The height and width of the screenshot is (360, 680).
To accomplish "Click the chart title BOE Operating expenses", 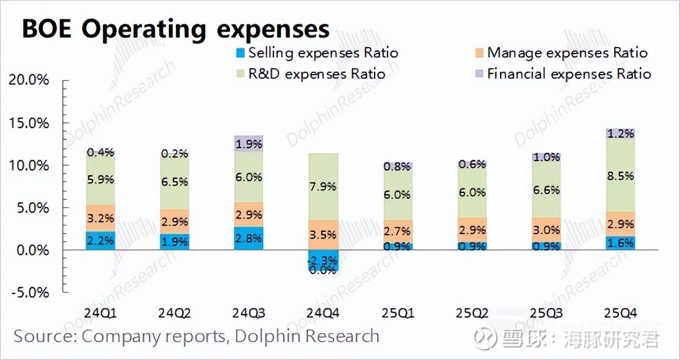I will (175, 28).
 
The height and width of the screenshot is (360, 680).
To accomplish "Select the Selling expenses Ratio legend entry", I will (316, 53).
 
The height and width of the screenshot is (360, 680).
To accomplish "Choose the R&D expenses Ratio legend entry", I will (310, 74).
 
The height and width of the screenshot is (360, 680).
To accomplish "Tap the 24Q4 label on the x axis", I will (323, 312).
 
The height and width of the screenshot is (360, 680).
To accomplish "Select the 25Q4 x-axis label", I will (620, 312).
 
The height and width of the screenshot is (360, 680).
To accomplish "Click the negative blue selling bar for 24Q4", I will (323, 261).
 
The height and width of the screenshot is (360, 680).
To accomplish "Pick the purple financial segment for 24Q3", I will (249, 144).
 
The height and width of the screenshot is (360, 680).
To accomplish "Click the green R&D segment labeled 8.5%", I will (620, 175).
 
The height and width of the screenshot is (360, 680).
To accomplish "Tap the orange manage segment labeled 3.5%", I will (323, 235).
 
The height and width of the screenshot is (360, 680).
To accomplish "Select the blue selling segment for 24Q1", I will (101, 241).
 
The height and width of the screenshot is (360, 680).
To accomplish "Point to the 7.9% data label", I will (323, 186).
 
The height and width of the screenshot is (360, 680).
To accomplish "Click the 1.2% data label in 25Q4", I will (620, 134).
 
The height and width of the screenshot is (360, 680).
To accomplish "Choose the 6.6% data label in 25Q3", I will (546, 189).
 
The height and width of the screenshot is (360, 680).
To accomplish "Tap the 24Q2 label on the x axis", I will (175, 312).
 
